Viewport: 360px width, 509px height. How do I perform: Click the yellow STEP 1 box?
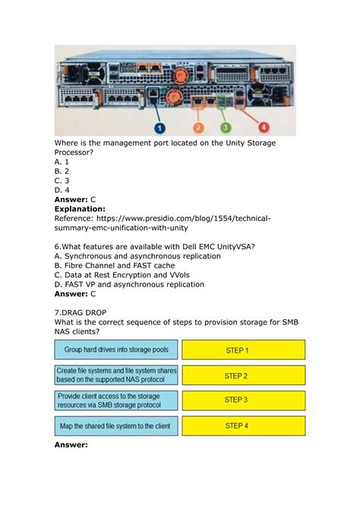coord(244,349)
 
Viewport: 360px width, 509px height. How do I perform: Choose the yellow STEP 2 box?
coord(244,375)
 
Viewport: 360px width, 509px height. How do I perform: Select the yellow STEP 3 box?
coord(244,400)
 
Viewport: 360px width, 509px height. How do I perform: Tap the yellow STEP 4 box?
coord(244,425)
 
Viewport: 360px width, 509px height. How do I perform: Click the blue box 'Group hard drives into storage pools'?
coord(116,349)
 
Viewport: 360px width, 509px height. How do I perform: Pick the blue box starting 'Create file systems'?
coord(116,375)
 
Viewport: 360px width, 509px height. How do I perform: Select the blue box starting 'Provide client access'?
coord(116,400)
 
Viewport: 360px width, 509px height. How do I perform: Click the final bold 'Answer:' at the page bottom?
coord(72,446)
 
